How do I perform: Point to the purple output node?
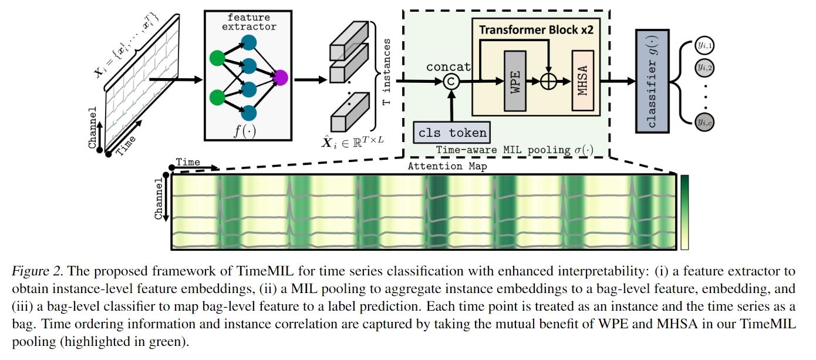(280, 78)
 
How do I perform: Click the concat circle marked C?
(450, 82)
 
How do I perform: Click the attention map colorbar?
(685, 213)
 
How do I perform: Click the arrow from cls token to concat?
(450, 106)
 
